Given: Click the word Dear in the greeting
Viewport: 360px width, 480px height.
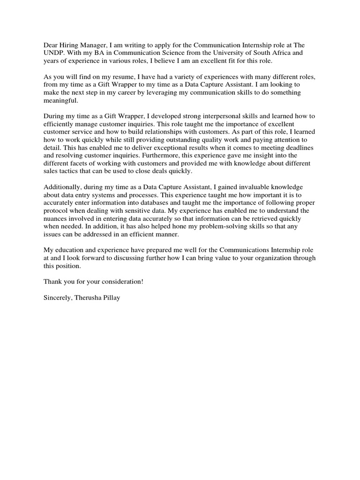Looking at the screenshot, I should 51,45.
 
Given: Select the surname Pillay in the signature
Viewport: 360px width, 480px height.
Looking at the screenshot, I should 110,298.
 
